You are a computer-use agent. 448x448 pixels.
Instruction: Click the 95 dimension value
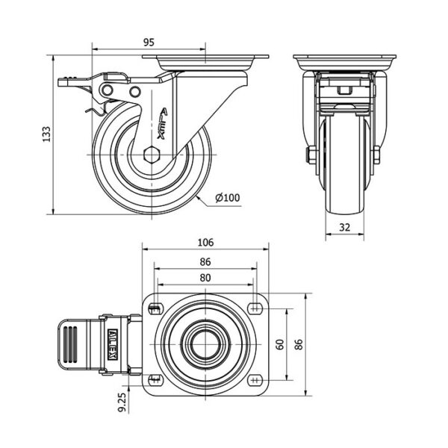(x=149, y=43)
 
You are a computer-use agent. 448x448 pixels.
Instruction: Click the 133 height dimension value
(x=46, y=134)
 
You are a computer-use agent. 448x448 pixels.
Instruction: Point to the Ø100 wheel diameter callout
(x=228, y=198)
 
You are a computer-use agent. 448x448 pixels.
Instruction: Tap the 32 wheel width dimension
(x=344, y=228)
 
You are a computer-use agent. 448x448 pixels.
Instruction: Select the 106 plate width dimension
(x=205, y=243)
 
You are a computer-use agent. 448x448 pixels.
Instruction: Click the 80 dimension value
(x=205, y=278)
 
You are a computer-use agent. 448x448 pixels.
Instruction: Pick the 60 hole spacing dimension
(x=280, y=344)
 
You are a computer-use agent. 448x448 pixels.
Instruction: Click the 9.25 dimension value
(x=122, y=402)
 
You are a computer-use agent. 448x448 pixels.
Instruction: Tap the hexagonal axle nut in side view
(x=152, y=155)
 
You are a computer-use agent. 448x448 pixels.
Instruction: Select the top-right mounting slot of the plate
(x=255, y=308)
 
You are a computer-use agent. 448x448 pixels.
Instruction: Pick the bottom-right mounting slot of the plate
(x=255, y=380)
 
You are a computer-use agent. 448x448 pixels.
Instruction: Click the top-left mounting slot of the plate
(x=156, y=308)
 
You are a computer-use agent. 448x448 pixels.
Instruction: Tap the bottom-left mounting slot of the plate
(x=156, y=380)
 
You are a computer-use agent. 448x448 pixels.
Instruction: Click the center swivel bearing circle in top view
(x=206, y=344)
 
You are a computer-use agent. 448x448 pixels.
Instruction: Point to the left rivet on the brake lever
(x=108, y=90)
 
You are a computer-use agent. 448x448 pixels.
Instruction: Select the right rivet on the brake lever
(x=135, y=92)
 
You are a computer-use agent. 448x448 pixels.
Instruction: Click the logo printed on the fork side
(x=162, y=123)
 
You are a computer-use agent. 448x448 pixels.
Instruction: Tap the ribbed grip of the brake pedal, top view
(x=70, y=344)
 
